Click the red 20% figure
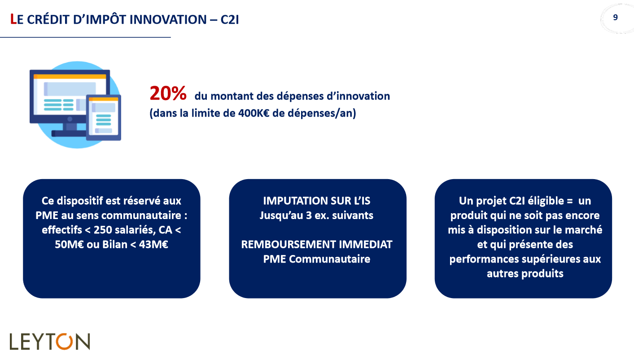168,93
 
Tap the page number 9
615,18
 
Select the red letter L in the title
13,19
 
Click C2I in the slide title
230,20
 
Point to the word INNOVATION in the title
168,20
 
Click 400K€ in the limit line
254,113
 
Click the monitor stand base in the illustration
70,133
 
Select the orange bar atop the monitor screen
70,76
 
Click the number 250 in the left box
102,230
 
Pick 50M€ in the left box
69,245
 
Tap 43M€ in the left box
153,245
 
